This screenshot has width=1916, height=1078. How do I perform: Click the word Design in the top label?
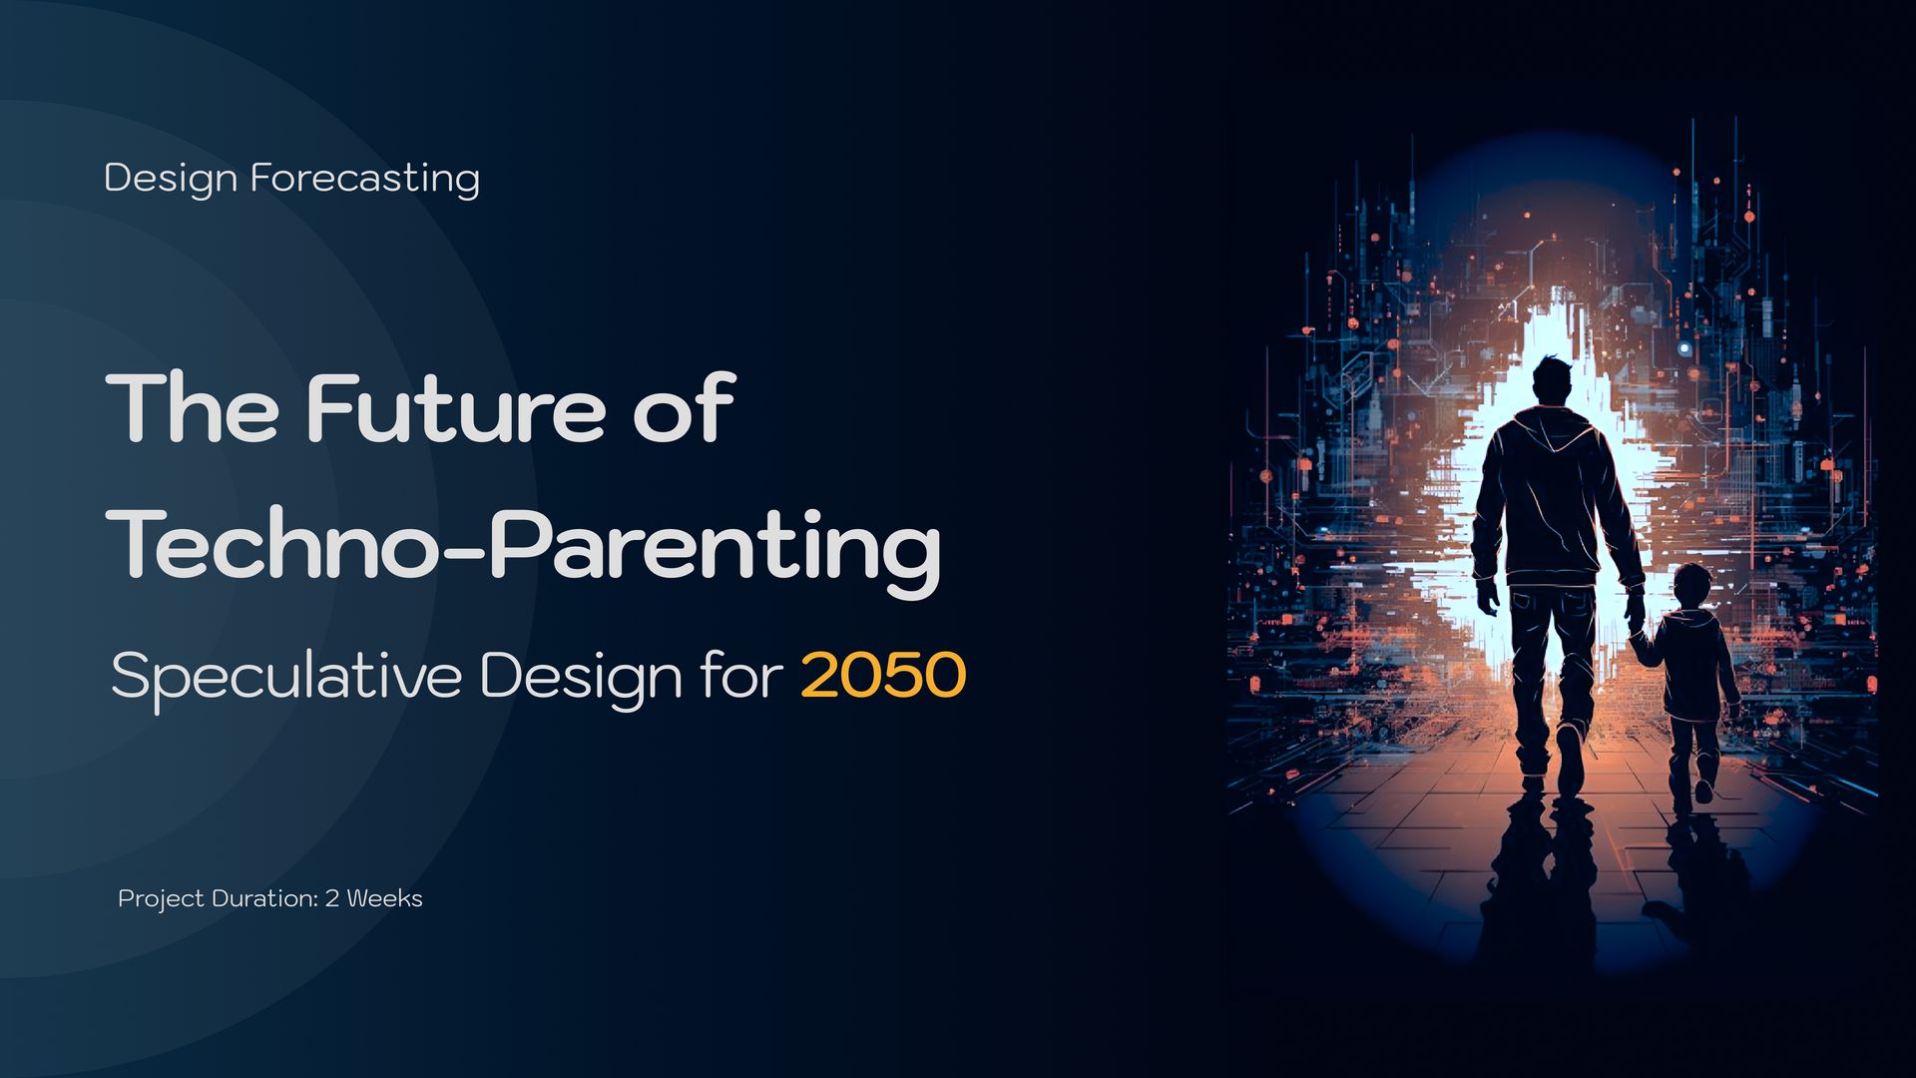171,180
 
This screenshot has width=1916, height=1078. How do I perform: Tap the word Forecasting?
364,180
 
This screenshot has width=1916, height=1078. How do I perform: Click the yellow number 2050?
883,676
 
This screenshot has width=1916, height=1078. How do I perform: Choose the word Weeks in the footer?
384,898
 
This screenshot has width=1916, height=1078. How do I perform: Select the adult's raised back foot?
1570,758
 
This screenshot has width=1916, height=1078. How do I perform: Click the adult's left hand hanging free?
1488,596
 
